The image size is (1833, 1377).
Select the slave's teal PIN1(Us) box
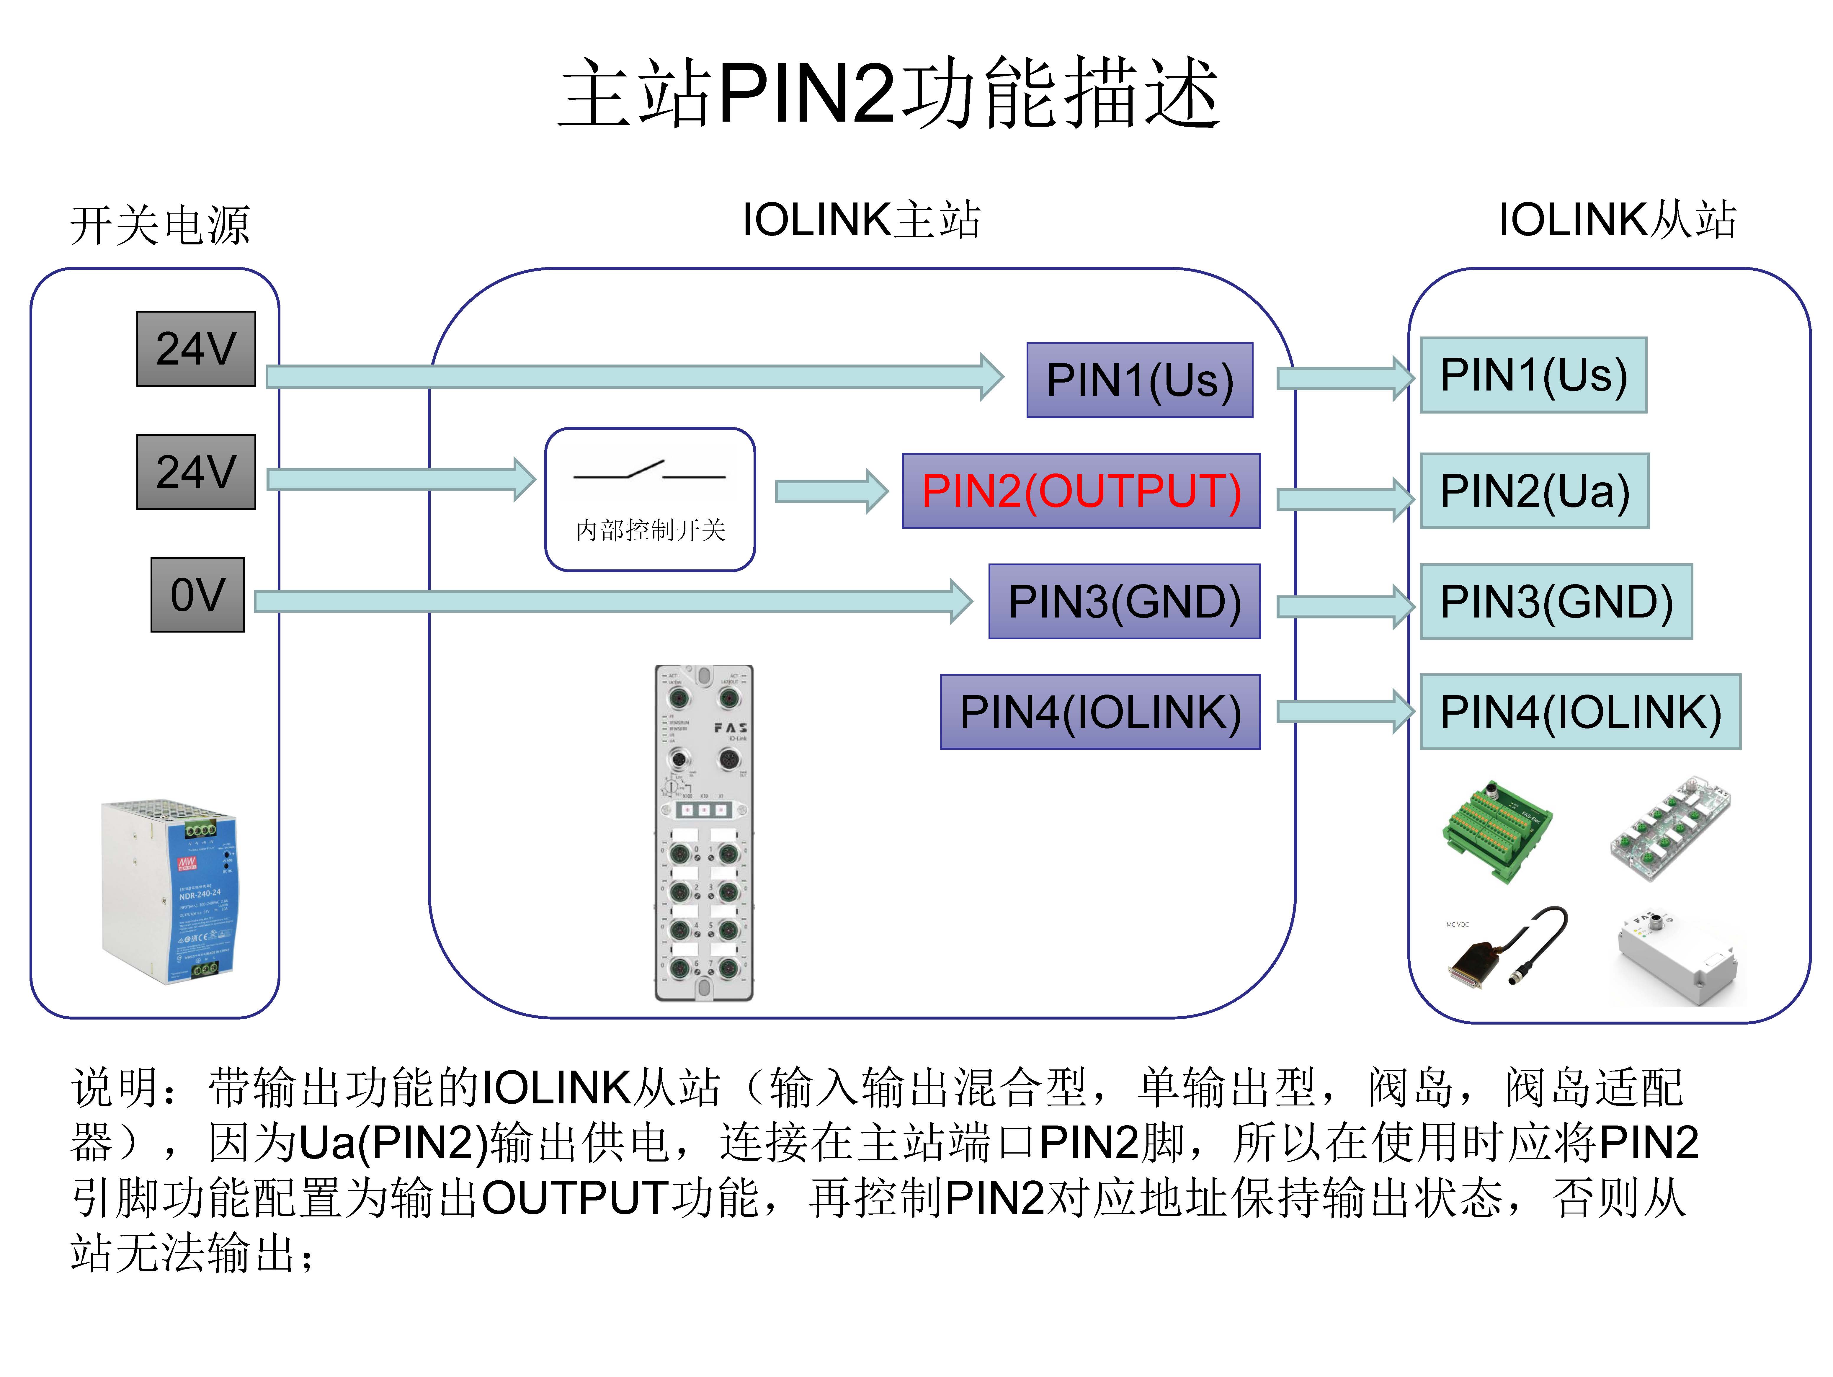click(1533, 375)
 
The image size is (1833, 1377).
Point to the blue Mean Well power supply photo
click(170, 891)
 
